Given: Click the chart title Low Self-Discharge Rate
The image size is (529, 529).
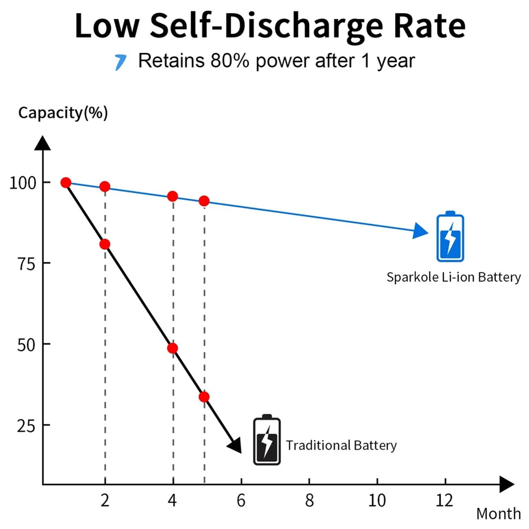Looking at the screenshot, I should click(x=270, y=26).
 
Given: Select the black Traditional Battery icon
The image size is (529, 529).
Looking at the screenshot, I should click(x=267, y=440).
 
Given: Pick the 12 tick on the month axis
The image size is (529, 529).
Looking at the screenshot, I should click(x=445, y=499).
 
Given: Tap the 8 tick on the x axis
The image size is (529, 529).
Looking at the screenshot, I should click(x=309, y=499).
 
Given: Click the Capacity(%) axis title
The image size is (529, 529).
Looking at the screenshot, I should click(x=63, y=113).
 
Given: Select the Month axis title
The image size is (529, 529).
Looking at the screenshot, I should click(x=498, y=513).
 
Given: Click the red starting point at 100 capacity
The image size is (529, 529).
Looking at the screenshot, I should click(x=66, y=183).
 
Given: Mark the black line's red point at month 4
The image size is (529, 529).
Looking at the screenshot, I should click(x=172, y=348).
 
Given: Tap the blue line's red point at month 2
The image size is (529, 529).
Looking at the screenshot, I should click(x=105, y=186).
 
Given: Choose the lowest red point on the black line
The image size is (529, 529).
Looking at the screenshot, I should click(x=204, y=397).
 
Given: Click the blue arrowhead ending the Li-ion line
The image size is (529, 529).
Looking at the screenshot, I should click(x=421, y=231).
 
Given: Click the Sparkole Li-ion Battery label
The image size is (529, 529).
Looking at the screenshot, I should click(x=453, y=277).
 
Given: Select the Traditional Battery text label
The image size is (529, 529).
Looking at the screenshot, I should click(x=341, y=445).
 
